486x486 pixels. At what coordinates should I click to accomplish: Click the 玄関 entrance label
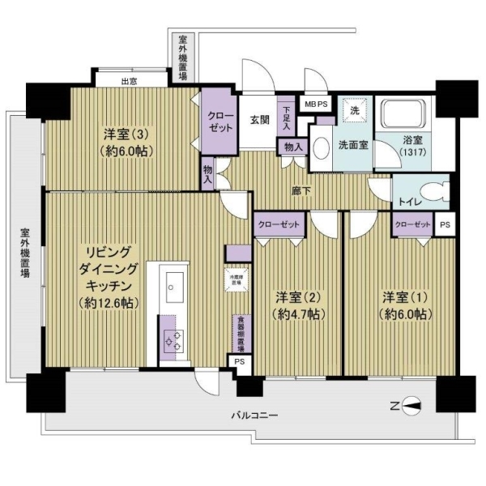coord(259,120)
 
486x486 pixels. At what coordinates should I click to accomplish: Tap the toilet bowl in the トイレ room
coord(437,193)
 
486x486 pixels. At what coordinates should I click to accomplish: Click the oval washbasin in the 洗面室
coord(321,150)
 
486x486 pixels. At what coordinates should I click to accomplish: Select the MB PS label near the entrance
coord(316,104)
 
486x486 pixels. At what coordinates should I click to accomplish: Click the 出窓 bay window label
coord(128,81)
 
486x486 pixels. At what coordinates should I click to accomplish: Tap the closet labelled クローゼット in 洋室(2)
coord(279,225)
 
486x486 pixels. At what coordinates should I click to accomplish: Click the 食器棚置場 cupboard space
coord(241,331)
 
